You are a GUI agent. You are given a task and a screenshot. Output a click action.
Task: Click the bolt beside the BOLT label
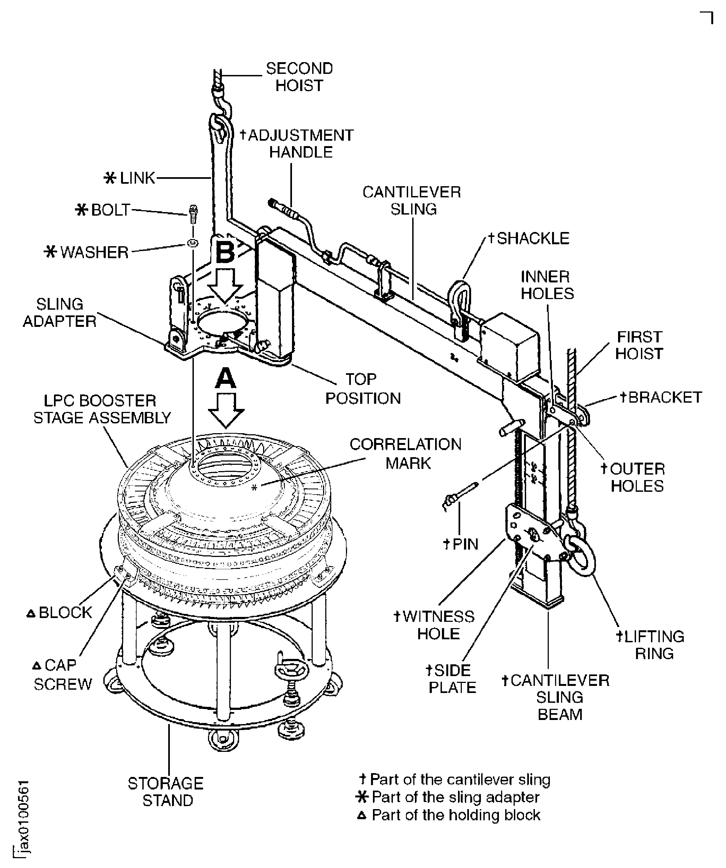193,214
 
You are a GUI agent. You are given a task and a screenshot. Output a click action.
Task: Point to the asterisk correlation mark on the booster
254,488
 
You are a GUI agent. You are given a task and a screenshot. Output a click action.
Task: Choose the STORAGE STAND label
166,792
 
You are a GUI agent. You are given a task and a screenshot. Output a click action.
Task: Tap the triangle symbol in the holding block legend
362,815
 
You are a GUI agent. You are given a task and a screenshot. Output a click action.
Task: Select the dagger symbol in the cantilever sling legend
363,779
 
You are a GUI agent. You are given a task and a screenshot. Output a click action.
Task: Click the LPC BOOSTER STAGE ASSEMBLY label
102,409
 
